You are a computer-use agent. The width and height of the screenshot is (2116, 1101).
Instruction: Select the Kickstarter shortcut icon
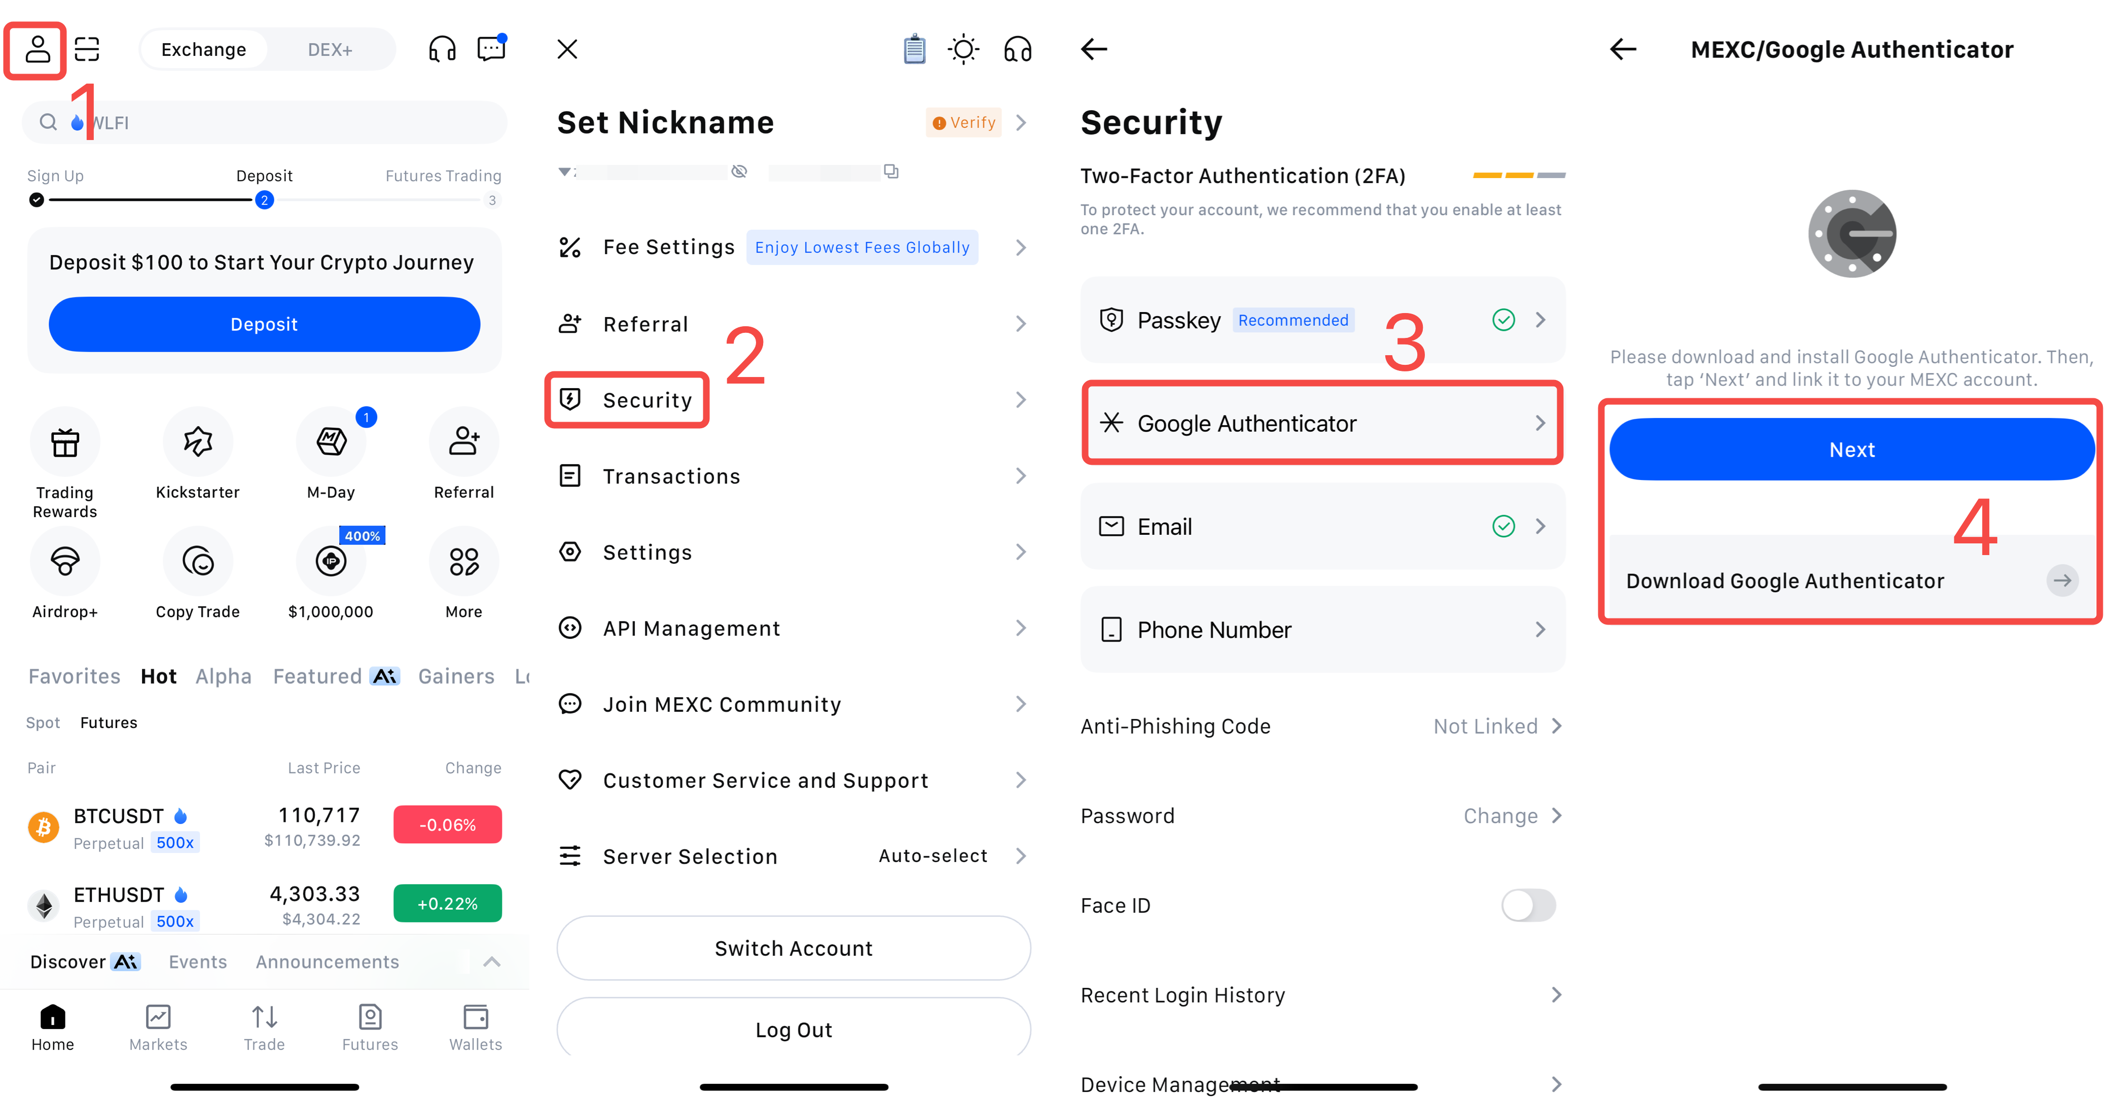(198, 441)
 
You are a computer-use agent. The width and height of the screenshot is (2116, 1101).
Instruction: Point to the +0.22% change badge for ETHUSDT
(448, 903)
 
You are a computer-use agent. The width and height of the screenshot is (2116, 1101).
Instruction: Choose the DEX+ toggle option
(330, 49)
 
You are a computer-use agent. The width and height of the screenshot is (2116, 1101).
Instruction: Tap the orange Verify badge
(964, 122)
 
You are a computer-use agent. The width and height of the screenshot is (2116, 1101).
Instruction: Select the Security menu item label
(648, 400)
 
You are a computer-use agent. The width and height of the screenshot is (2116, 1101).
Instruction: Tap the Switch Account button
(794, 948)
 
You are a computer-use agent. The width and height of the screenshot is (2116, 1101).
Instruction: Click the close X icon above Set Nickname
(567, 49)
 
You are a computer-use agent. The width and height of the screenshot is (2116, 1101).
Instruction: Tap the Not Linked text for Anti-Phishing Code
(1485, 727)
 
